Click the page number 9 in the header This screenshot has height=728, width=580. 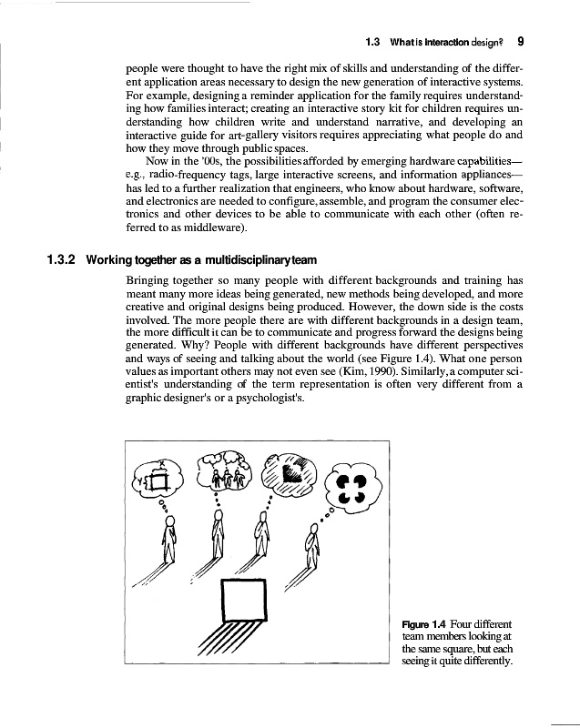(x=519, y=41)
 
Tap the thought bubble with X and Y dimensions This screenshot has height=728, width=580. (x=161, y=477)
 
